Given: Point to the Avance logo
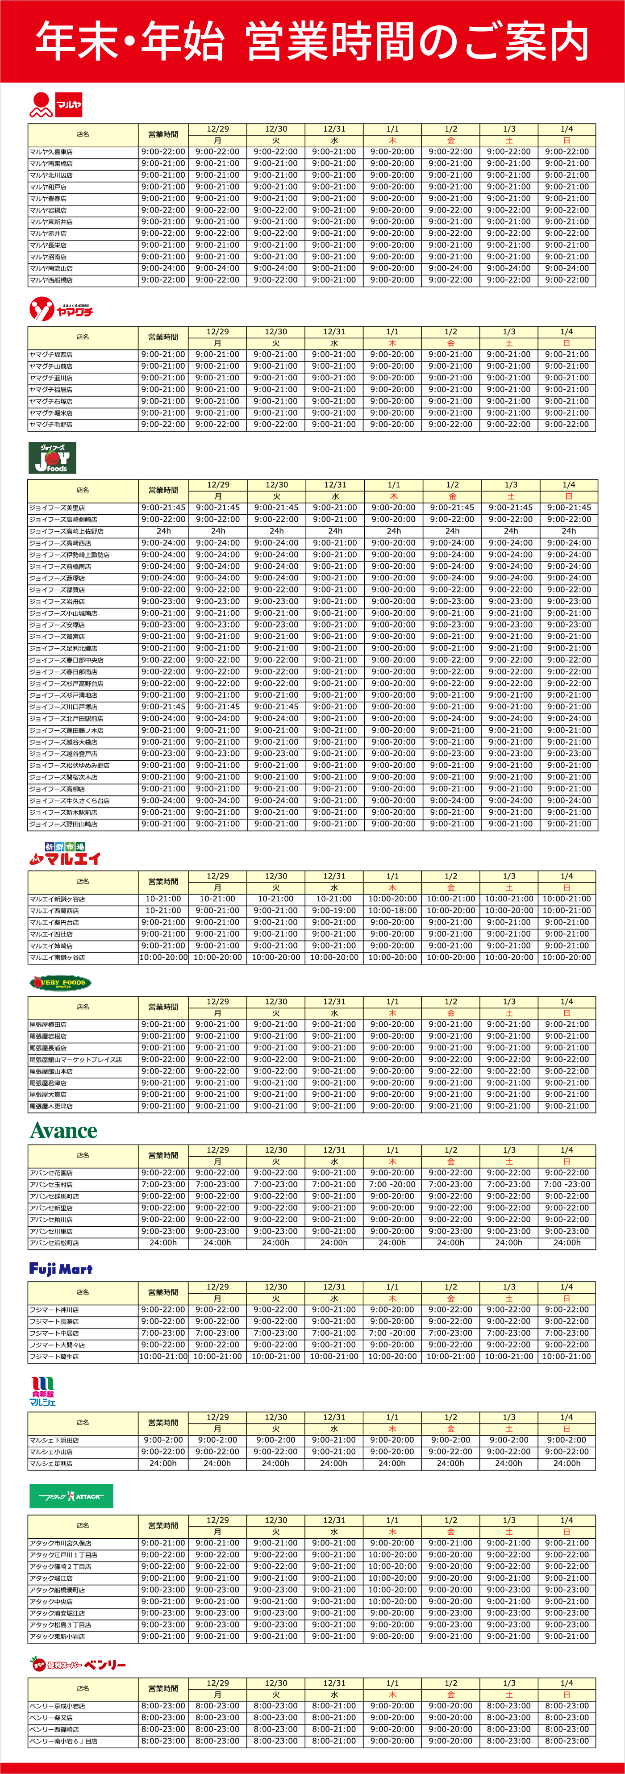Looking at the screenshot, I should point(63,1131).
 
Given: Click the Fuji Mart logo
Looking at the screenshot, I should point(61,1269).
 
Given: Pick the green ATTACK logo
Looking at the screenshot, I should point(71,1496).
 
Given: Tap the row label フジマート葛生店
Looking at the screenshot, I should point(54,1357).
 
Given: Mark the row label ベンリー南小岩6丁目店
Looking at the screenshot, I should point(63,1741).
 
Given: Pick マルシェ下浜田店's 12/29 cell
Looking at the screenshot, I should point(218,1440).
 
